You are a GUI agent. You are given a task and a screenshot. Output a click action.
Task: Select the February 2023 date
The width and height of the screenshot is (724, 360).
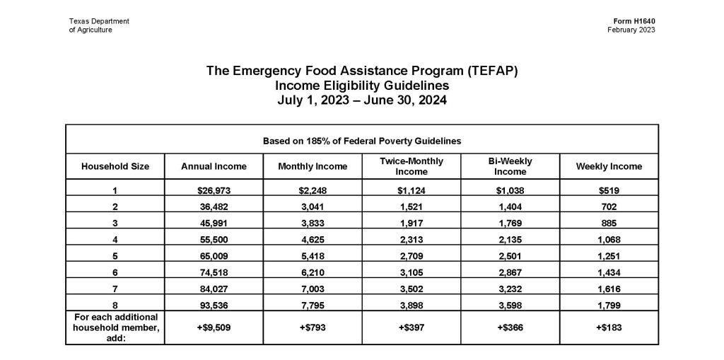[x=631, y=30]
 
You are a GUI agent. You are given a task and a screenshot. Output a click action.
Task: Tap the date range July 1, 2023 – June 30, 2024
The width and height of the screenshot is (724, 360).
[x=362, y=100]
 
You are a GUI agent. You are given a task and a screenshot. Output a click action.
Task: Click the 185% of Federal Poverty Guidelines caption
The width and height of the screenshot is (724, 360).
[x=362, y=141]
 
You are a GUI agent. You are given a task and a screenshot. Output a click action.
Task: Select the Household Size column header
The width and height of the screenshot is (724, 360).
[x=115, y=167]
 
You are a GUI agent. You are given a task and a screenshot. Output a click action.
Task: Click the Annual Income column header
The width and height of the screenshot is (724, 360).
[x=214, y=167]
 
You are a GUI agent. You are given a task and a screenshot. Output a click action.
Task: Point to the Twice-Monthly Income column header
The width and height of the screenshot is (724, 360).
[x=411, y=167]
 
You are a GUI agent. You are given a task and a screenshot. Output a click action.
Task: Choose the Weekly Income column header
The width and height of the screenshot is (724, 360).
[x=609, y=167]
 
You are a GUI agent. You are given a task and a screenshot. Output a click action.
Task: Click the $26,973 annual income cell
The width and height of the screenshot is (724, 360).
[x=214, y=191]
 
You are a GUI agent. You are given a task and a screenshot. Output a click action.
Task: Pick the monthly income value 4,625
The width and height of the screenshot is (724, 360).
[x=313, y=240]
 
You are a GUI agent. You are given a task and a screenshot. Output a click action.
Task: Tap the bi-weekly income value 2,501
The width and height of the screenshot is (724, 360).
[x=510, y=256]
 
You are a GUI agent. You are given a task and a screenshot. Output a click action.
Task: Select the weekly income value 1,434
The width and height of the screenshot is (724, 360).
[x=609, y=272]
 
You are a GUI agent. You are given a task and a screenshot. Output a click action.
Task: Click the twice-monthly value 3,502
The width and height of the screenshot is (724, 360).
[x=411, y=289]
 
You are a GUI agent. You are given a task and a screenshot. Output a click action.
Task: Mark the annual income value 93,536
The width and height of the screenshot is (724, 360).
[x=214, y=305]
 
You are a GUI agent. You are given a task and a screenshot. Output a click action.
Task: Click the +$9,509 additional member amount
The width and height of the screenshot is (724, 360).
[x=214, y=328]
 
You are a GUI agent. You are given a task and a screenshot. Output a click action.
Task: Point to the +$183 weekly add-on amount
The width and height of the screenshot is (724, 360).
[x=609, y=328]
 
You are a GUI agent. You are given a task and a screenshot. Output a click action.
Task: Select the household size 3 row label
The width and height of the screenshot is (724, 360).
[x=115, y=223]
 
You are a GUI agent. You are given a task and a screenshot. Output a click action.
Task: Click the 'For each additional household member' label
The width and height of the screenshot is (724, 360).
[x=115, y=327]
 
